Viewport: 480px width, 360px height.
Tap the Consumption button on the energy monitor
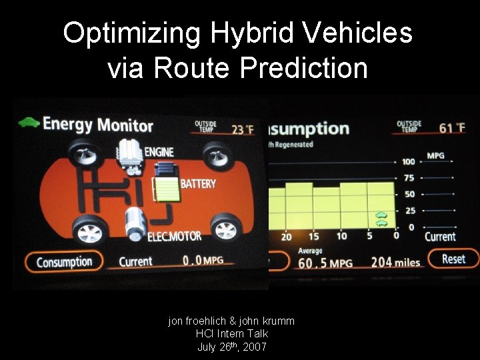(64, 261)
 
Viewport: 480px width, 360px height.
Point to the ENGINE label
(159, 152)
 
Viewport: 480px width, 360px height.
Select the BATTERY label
(199, 183)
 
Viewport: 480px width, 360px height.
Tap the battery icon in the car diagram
(166, 189)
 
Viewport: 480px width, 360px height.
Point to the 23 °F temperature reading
(242, 129)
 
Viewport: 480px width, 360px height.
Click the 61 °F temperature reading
(452, 127)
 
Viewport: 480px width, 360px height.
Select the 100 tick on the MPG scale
(408, 161)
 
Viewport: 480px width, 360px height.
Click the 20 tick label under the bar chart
(286, 237)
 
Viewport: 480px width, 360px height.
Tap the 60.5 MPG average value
(325, 263)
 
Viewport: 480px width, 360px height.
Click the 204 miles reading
(395, 262)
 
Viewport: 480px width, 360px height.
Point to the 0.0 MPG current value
(203, 261)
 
